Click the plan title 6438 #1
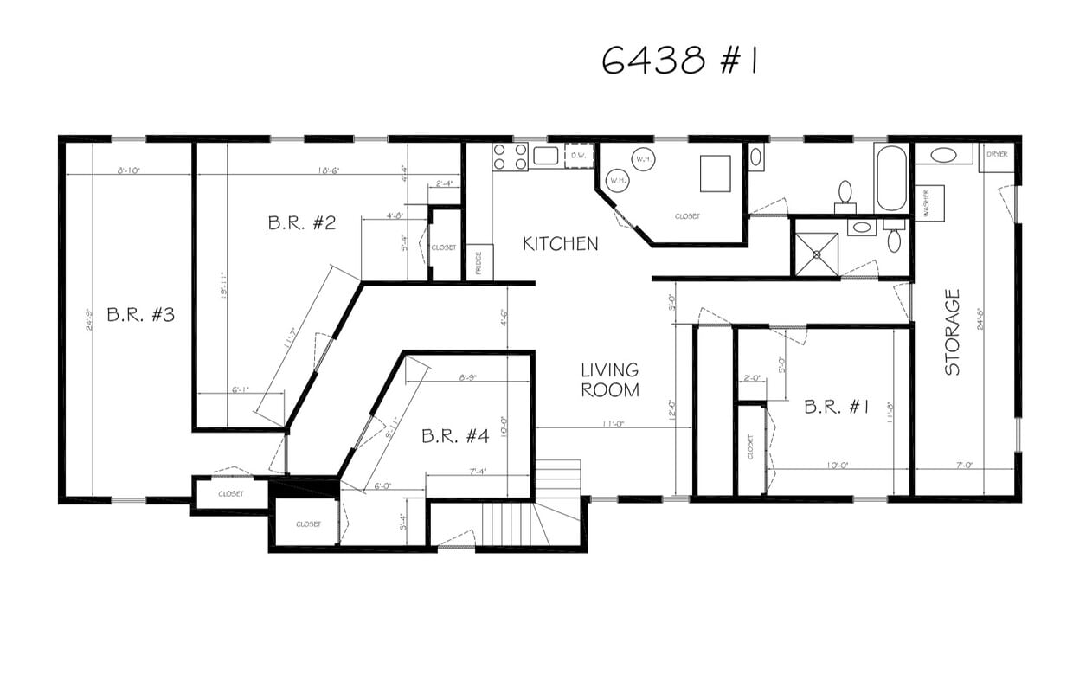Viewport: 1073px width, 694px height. click(679, 61)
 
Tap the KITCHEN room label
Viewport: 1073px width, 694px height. click(560, 244)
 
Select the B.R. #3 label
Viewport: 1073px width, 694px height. click(140, 314)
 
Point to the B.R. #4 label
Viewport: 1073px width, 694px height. click(455, 436)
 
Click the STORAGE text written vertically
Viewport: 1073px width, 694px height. click(953, 332)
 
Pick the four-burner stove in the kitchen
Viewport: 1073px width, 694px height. click(510, 157)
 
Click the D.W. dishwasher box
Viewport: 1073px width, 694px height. click(579, 156)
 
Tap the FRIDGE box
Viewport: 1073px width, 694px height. click(479, 262)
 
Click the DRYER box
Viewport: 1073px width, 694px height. click(997, 157)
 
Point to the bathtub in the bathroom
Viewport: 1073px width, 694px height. click(890, 177)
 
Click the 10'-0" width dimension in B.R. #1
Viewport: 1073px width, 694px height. click(837, 466)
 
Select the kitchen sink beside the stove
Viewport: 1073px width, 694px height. click(545, 156)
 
